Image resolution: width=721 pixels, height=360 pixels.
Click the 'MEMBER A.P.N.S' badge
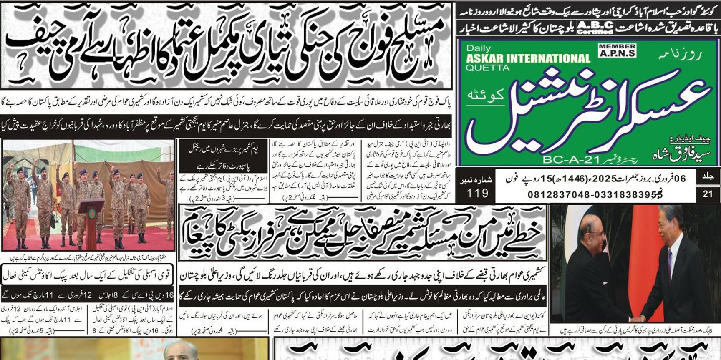(x=617, y=50)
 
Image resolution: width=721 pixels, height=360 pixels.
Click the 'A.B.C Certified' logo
(x=595, y=28)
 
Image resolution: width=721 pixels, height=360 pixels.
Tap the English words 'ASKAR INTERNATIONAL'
(x=528, y=58)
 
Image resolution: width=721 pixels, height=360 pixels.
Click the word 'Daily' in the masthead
(x=478, y=48)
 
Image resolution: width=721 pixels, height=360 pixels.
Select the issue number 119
(x=477, y=193)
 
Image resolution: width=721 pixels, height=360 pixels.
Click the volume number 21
(x=708, y=194)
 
